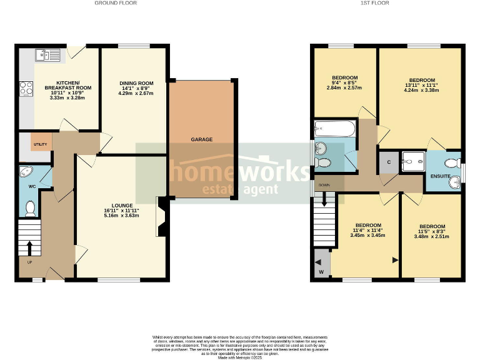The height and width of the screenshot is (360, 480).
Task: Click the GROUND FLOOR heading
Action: point(116,3)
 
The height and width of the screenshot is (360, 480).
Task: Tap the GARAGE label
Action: point(201,139)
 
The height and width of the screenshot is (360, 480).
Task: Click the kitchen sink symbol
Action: point(49,56)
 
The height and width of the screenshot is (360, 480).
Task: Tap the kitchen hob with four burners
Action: point(26,89)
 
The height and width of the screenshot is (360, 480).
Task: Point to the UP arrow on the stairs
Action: point(29,246)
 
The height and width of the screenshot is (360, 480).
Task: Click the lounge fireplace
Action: point(161,217)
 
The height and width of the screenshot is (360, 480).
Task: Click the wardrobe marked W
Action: point(321,265)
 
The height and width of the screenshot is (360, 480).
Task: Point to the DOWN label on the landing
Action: point(324,186)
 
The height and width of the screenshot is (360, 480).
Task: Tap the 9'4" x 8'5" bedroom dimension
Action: point(344,82)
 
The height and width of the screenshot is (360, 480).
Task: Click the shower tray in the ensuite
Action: point(412,161)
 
